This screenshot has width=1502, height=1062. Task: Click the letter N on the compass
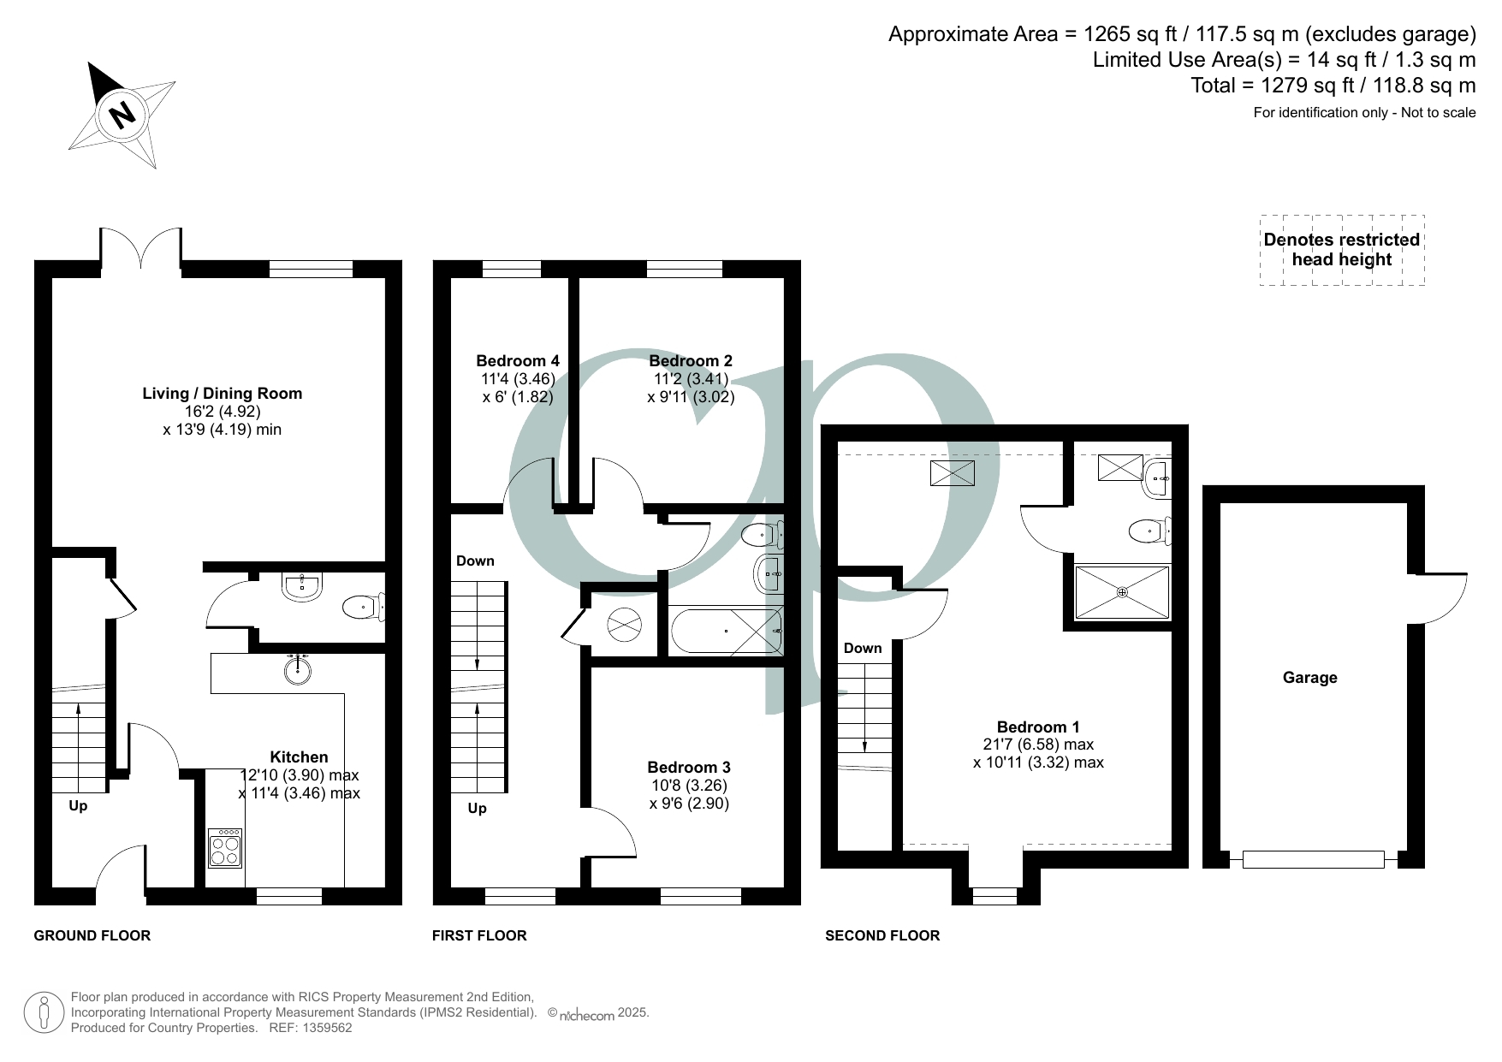[x=123, y=114]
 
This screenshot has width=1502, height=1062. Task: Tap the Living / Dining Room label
[x=222, y=394]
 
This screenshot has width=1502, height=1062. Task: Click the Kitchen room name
[x=299, y=756]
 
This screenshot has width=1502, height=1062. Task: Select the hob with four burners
[x=225, y=847]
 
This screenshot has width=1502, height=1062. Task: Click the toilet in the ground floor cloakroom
[x=364, y=608]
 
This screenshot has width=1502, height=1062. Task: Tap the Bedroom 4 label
[x=518, y=361]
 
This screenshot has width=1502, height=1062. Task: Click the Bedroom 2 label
[x=691, y=361]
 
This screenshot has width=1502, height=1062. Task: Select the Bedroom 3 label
[x=689, y=767]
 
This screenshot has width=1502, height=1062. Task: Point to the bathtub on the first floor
[x=727, y=631]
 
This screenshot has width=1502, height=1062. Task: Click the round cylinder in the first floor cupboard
[x=624, y=625]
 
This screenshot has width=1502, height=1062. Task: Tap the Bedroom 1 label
[x=1038, y=727]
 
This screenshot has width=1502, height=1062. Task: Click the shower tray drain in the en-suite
[x=1122, y=592]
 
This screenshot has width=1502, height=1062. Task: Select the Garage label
[x=1309, y=678]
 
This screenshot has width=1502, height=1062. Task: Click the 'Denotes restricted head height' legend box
[x=1342, y=250]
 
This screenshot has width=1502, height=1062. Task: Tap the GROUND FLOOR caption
[x=92, y=935]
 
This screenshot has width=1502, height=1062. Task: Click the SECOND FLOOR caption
[x=882, y=935]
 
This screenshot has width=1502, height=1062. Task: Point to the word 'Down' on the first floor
[x=475, y=561]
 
